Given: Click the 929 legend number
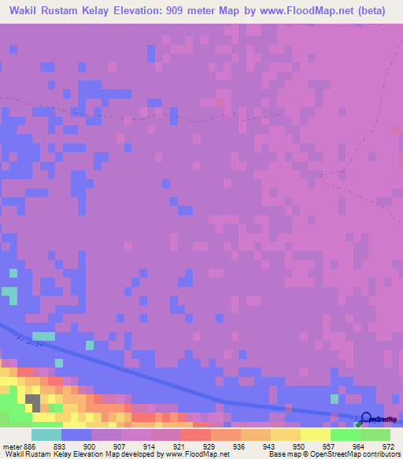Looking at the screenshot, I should coord(209,446).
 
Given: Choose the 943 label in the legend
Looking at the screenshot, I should coord(270,446).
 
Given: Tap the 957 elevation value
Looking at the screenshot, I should coord(330,446).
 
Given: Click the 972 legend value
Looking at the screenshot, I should coord(388,446).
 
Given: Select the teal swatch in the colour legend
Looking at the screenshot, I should coord(46,435).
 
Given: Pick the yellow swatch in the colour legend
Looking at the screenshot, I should coord(316,435).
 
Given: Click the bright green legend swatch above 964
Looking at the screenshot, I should coord(346,435).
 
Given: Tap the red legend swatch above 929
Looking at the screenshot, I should coord(196,435).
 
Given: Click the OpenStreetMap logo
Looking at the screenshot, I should coord(379,418).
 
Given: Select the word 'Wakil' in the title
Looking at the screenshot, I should coord(25,11).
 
